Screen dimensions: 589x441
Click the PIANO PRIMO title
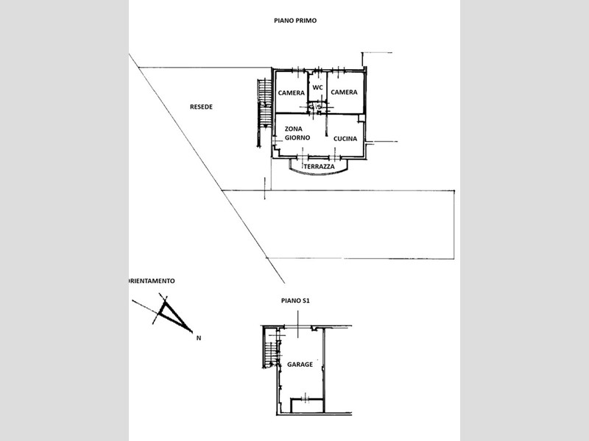point(295,21)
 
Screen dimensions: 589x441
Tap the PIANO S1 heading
point(295,301)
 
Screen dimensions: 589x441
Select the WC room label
point(317,87)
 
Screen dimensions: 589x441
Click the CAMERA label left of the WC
point(292,93)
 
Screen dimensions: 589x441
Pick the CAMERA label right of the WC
point(344,92)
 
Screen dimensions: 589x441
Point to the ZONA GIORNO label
point(297,133)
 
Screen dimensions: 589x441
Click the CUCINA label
point(345,139)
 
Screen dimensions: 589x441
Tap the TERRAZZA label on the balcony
point(319,167)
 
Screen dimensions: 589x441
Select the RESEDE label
point(201,107)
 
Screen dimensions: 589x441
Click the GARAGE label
point(300,364)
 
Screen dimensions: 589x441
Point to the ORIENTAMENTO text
point(152,281)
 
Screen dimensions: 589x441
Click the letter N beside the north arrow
point(199,338)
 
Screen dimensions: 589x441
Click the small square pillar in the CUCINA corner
point(361,118)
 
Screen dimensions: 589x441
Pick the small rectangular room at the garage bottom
point(307,406)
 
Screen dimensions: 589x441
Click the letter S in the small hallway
point(319,107)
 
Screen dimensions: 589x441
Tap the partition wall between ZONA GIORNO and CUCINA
point(326,125)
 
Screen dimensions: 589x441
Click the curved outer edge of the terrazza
point(319,173)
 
